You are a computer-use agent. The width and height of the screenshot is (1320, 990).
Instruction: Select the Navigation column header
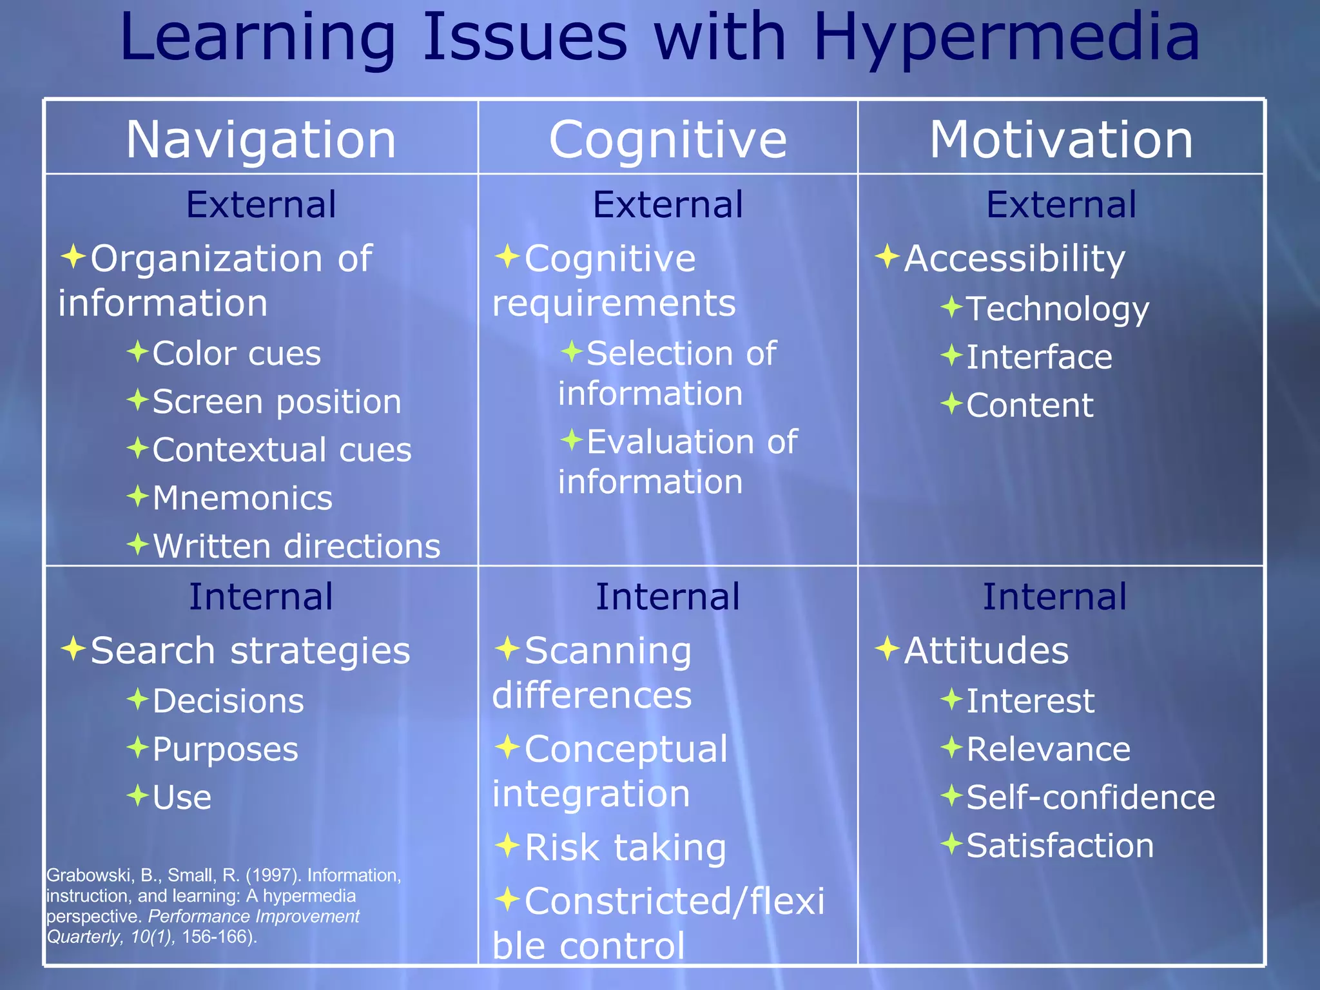(261, 139)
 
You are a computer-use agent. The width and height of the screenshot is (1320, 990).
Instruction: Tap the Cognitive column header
(668, 139)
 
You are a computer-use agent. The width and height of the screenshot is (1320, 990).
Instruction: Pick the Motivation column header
(1061, 139)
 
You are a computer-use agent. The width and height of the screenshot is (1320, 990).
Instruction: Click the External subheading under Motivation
(1061, 204)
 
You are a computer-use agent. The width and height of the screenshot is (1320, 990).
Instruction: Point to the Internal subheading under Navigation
(261, 596)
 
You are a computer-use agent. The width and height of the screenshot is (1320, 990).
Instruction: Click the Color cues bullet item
(236, 353)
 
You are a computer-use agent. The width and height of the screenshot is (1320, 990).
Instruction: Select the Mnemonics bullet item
(242, 498)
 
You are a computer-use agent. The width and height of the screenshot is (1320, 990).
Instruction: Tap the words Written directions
(296, 546)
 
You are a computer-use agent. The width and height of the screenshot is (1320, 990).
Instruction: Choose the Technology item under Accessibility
(1057, 309)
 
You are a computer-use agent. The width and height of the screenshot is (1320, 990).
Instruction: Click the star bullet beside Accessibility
(888, 257)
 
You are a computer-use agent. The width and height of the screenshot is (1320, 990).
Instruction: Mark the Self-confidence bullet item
(1091, 797)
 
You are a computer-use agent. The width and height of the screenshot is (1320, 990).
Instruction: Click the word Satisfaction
(1060, 846)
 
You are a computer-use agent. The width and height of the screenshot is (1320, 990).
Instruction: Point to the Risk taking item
(625, 847)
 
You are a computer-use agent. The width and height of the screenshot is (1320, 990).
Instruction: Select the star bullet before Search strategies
(73, 648)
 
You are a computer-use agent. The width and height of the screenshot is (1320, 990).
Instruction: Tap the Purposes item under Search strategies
(225, 749)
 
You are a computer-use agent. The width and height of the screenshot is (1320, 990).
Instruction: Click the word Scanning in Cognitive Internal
(608, 650)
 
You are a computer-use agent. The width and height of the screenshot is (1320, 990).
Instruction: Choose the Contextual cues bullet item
(282, 449)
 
